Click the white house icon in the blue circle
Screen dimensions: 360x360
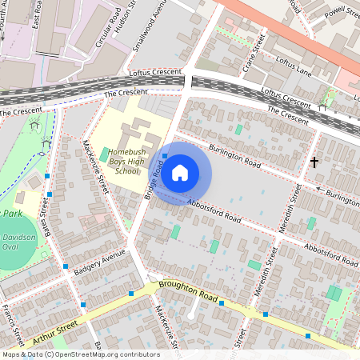(180, 172)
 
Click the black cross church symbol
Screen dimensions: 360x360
(314, 162)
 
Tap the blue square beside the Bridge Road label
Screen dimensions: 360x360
(166, 156)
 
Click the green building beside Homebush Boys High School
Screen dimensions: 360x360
(104, 154)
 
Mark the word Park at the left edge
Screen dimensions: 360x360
(10, 214)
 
